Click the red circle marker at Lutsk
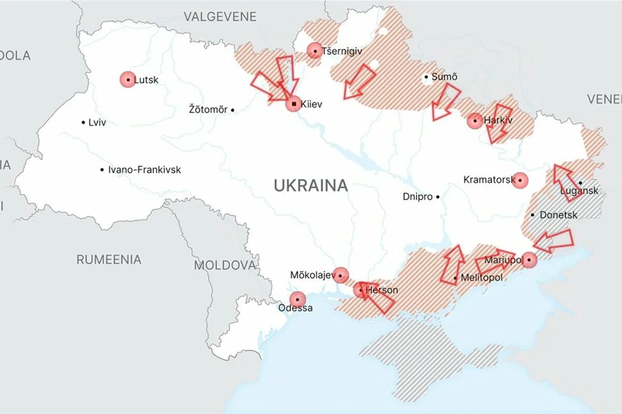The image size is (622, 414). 128,80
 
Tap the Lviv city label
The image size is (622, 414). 97,123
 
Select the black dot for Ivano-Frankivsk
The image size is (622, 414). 102,170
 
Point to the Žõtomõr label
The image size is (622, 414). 208,109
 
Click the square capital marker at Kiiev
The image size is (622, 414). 294,104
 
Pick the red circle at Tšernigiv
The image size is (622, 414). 315,51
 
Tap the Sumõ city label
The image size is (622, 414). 445,77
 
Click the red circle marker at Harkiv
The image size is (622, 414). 475,121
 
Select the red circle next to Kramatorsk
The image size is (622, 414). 520,180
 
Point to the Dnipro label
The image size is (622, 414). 418,197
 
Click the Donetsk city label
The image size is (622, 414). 558,214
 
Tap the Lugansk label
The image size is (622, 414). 579,191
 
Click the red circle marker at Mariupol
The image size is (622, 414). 529,260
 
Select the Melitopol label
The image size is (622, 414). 481,278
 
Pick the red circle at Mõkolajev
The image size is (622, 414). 341,275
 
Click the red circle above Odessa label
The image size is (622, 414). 298,299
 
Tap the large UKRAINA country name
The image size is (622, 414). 311,185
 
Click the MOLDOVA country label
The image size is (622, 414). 225,265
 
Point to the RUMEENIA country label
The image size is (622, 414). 109,259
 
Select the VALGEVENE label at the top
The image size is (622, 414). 220,17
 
